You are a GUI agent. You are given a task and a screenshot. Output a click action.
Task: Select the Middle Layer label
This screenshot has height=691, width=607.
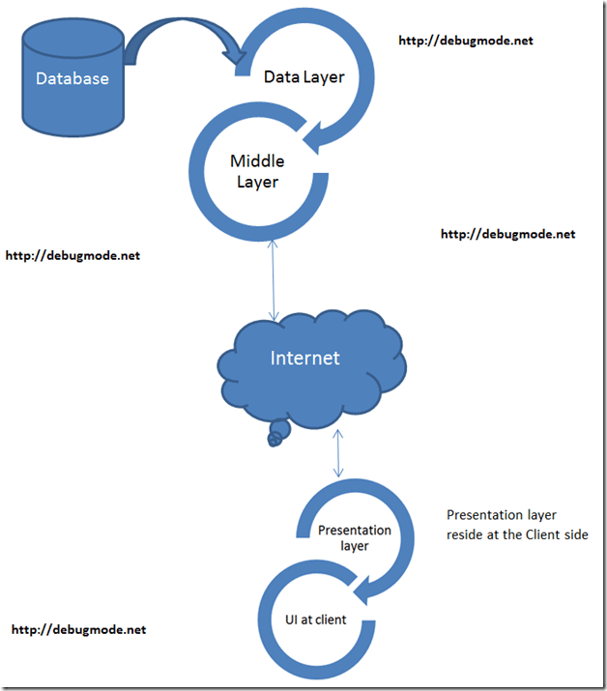click(254, 170)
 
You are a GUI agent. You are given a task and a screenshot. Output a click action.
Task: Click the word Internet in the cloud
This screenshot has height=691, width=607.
click(304, 358)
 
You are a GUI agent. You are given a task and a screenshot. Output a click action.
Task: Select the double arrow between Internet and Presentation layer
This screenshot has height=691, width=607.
click(337, 452)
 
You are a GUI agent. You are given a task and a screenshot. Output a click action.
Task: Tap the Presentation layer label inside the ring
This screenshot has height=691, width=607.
click(355, 537)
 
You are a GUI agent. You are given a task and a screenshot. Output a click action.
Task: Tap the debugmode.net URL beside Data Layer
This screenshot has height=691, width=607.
click(465, 41)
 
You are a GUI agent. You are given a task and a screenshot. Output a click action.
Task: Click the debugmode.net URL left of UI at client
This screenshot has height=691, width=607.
click(78, 629)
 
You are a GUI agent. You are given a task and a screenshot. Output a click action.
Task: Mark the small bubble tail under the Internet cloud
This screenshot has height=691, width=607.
click(276, 435)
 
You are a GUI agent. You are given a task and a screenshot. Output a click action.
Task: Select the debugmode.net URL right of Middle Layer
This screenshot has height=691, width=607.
click(507, 234)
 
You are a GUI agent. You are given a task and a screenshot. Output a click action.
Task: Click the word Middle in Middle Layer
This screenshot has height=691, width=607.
click(255, 160)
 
